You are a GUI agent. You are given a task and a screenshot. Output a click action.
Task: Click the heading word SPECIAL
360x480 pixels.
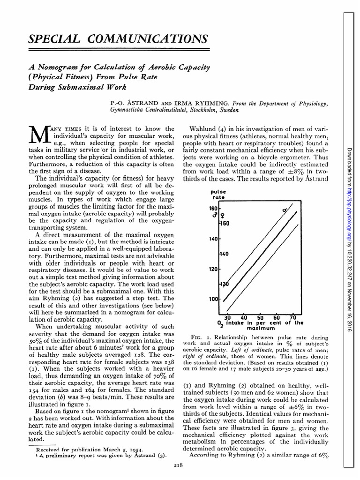(51, 39)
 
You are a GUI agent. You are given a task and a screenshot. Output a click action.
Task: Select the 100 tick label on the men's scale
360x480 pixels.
(213, 299)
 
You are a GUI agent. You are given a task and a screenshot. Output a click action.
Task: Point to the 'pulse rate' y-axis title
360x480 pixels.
(218, 195)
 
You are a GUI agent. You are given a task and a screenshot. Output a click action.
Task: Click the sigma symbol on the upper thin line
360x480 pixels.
(284, 211)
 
